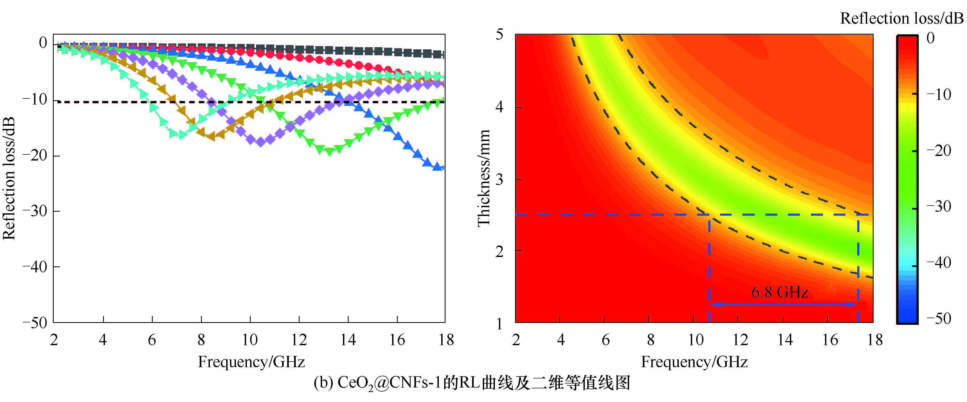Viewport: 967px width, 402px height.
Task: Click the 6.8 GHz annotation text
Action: [779, 292]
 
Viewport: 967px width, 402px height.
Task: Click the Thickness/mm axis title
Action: [484, 178]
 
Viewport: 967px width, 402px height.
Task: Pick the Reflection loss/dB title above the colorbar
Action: [901, 18]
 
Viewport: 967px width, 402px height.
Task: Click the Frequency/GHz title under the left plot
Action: [251, 362]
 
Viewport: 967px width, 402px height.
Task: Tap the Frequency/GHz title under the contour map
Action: [694, 362]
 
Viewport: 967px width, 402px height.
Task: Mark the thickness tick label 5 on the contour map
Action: [499, 35]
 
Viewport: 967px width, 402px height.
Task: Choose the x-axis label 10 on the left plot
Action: [250, 340]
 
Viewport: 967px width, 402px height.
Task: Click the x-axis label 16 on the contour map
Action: [830, 340]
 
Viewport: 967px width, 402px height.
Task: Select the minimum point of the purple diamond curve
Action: [261, 142]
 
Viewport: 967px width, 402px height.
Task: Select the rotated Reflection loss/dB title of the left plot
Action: [9, 178]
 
